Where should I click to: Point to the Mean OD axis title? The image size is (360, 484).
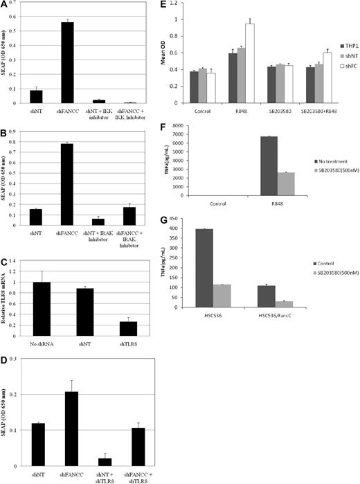pyautogui.click(x=161, y=53)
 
